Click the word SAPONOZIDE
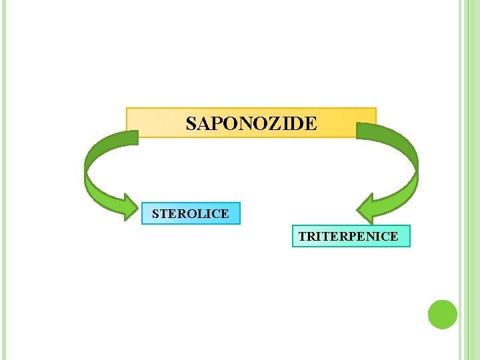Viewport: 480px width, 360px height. (x=251, y=124)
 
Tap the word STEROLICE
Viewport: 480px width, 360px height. (x=190, y=214)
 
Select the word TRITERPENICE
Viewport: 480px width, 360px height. (x=348, y=237)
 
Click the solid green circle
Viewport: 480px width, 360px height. (x=442, y=314)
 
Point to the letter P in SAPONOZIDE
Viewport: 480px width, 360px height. (x=215, y=124)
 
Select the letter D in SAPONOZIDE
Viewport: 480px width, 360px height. (x=296, y=124)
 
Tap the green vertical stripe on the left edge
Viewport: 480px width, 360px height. (x=3, y=180)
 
